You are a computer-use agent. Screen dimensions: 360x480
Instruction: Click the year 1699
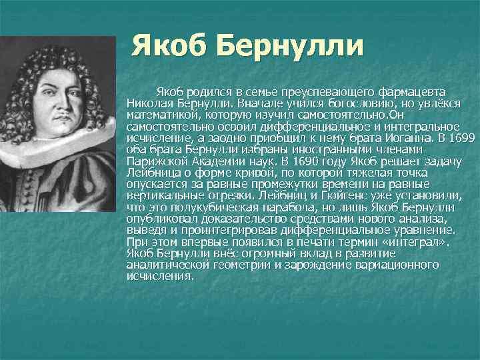pyautogui.click(x=461, y=138)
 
